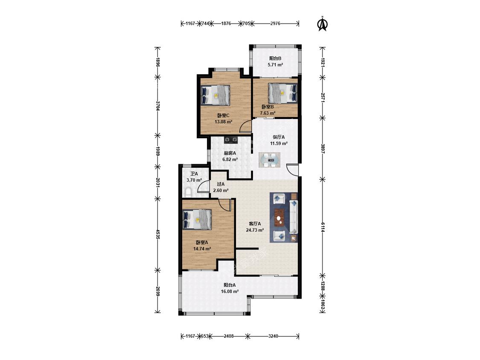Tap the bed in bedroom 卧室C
[215, 95]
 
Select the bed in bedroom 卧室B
[282, 93]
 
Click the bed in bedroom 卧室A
[197, 219]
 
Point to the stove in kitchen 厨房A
[231, 140]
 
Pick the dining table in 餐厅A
[269, 160]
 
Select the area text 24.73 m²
[255, 230]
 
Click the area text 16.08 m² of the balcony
[230, 291]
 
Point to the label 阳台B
[275, 58]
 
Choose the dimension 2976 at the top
[275, 23]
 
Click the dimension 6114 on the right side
[323, 227]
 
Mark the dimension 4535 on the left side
[157, 235]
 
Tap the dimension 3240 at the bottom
[273, 336]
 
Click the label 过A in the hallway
[221, 184]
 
